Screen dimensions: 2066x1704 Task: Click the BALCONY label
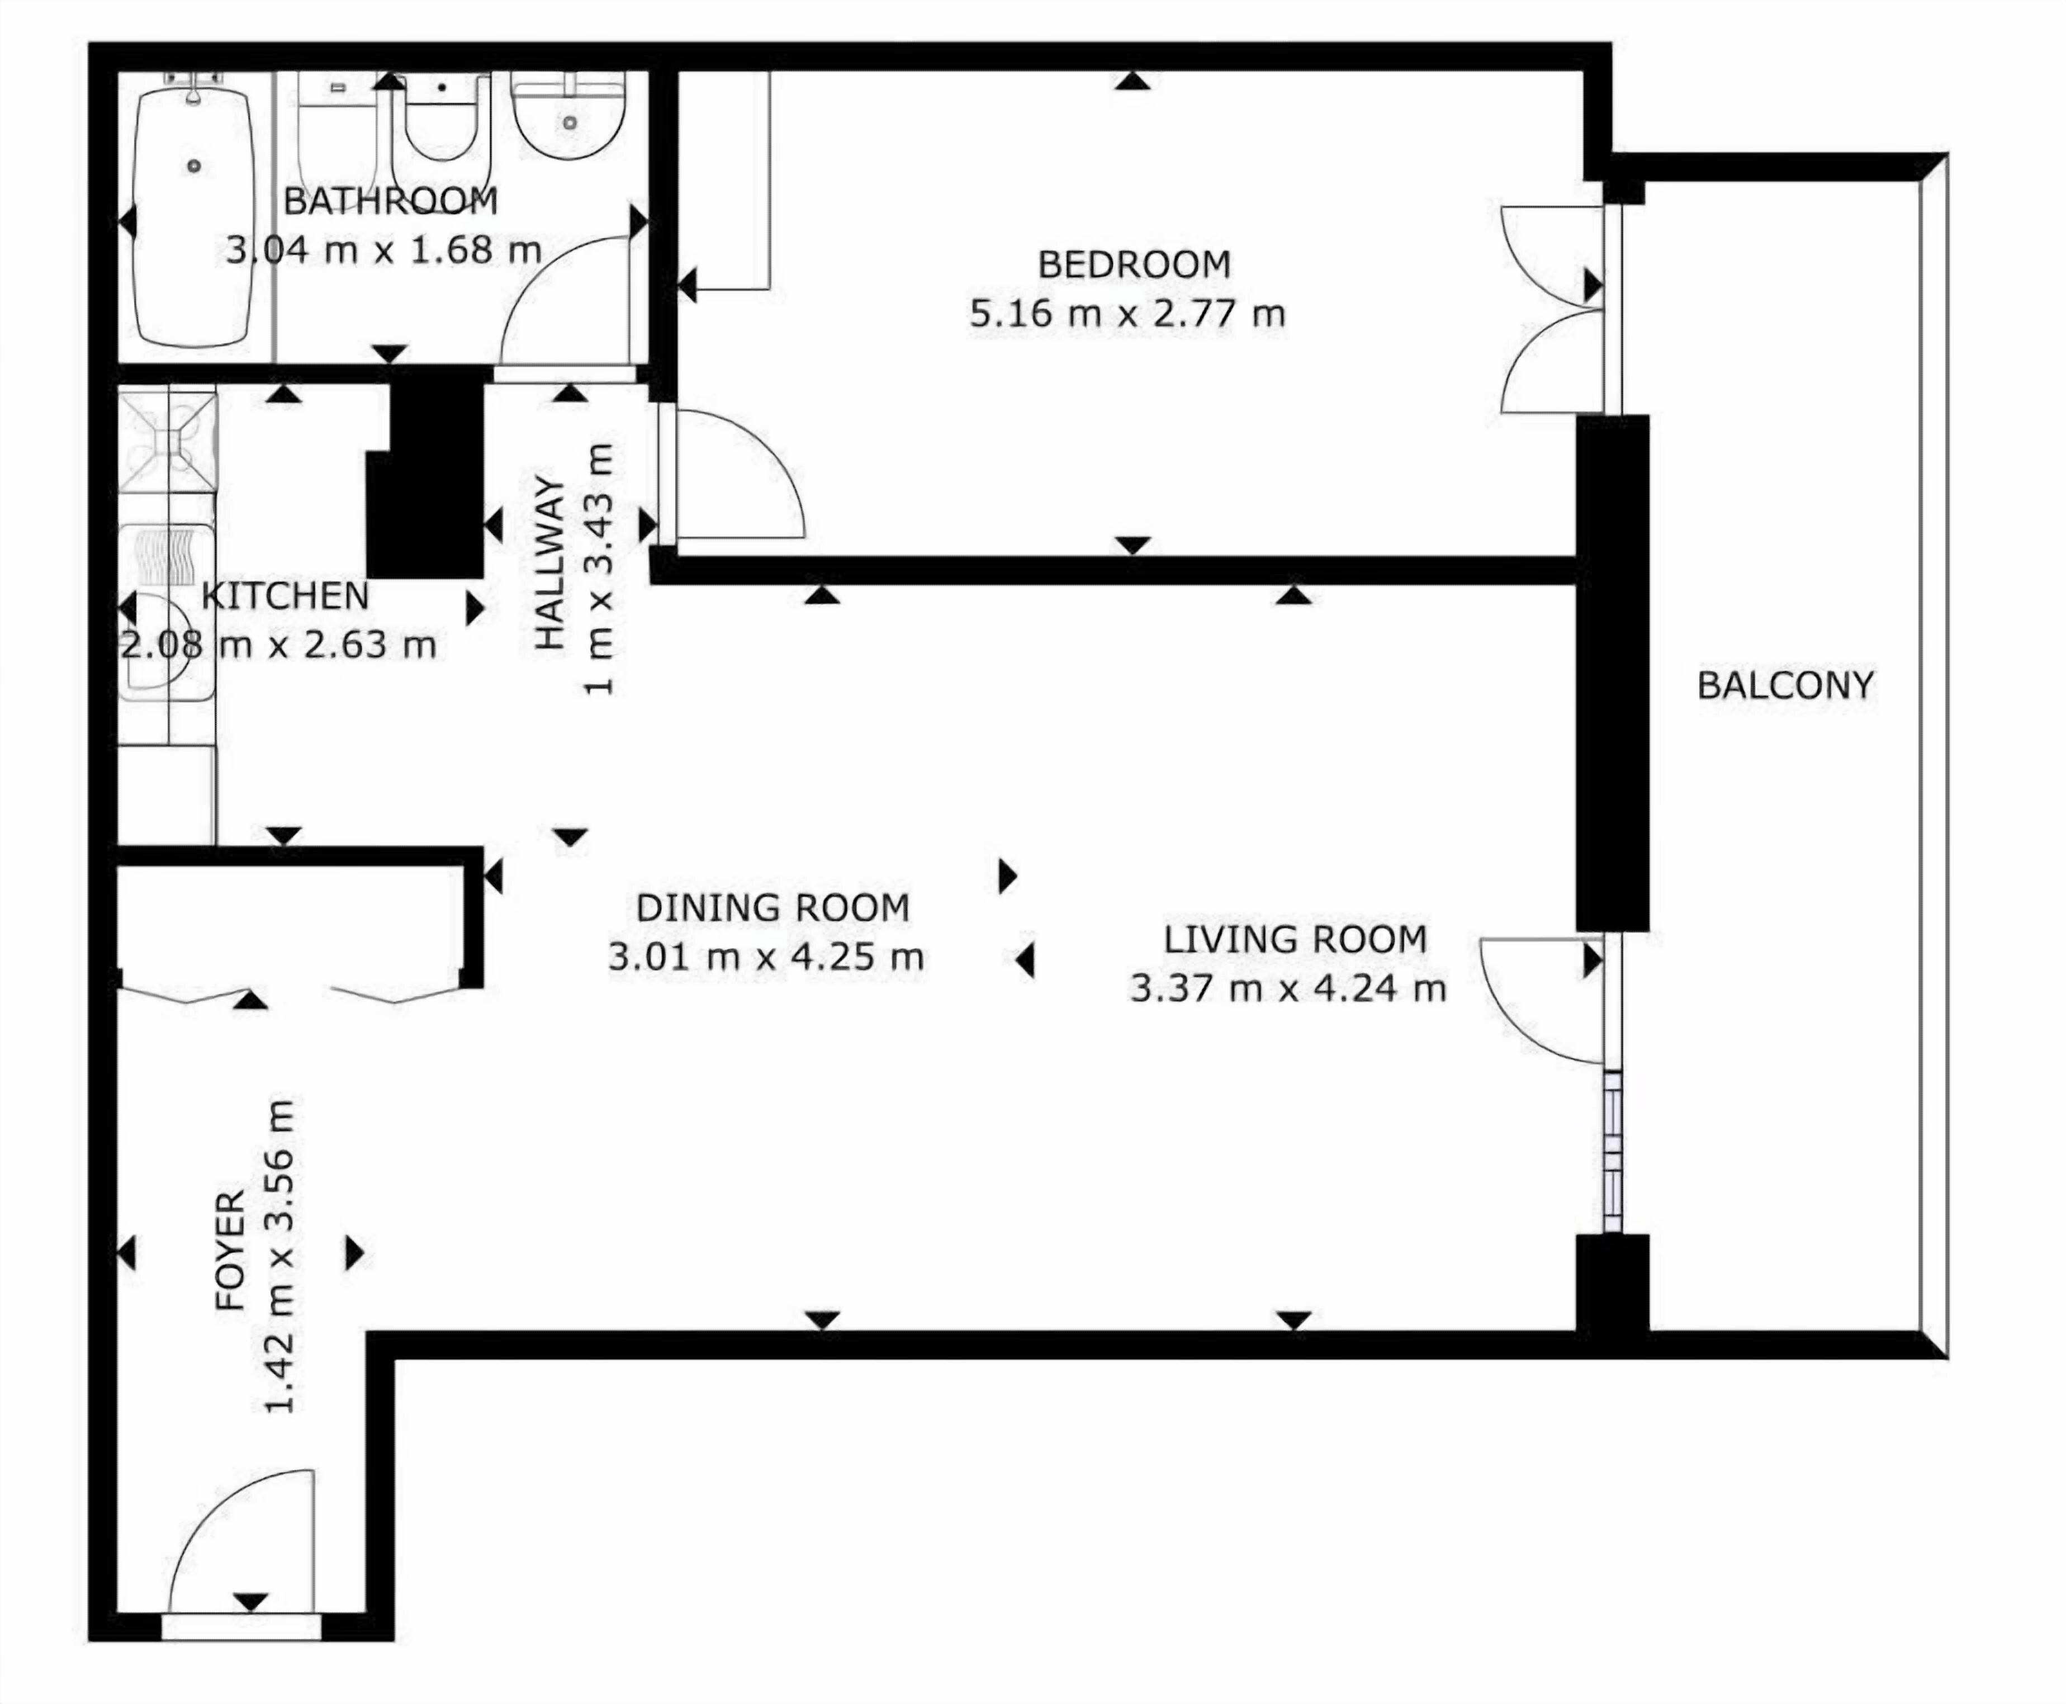coord(1785,685)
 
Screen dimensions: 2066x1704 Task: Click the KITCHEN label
coord(285,596)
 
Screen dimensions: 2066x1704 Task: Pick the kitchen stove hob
coord(168,439)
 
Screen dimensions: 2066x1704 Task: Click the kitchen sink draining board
coord(167,557)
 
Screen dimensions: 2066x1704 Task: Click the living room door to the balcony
coord(1541,1001)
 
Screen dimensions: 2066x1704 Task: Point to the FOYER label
coord(230,1252)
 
